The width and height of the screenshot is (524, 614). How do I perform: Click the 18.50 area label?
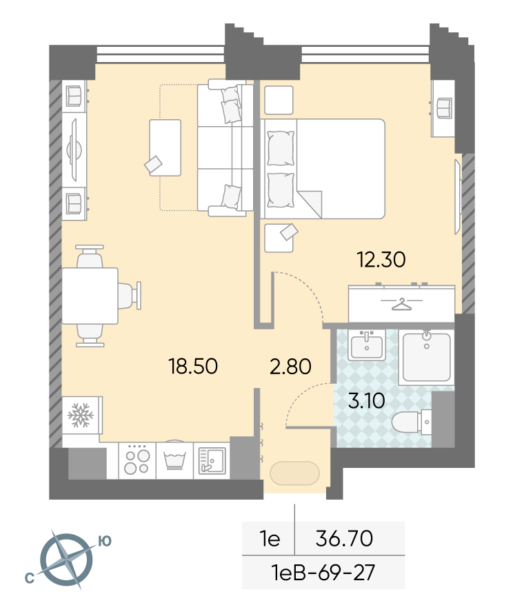(193, 366)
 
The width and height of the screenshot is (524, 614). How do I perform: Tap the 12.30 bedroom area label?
(381, 260)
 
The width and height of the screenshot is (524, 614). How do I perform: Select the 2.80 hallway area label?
(290, 366)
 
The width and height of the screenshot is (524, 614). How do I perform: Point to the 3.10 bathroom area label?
(366, 400)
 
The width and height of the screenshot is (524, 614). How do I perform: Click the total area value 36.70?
(344, 538)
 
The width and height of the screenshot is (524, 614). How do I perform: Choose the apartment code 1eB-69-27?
(323, 573)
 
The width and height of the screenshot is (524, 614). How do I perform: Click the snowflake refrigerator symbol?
(81, 415)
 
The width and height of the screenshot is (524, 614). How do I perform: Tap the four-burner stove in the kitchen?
(137, 460)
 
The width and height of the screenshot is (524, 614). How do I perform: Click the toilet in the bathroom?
(412, 422)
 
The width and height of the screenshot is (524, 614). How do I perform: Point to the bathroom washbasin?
(366, 345)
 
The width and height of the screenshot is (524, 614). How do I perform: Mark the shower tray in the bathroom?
(426, 357)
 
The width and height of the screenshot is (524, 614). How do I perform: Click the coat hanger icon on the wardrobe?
(402, 304)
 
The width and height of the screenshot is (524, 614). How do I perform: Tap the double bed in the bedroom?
(323, 169)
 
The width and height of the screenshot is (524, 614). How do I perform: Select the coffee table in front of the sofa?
(165, 147)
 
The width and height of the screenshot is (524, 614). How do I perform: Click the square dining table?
(90, 296)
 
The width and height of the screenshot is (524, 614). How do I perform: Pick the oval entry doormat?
(294, 473)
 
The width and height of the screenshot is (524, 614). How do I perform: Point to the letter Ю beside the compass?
(105, 541)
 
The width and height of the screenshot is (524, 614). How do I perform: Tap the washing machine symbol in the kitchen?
(175, 460)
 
